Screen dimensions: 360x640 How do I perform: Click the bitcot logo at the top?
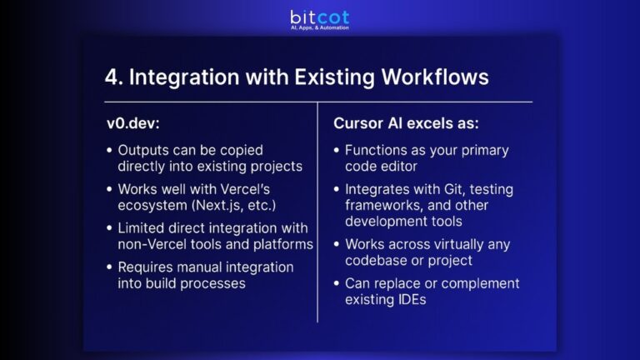(319, 16)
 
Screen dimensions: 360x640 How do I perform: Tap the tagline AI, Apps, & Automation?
(319, 27)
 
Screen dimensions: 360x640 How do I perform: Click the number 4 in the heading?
(112, 77)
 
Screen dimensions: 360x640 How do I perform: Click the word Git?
(442, 189)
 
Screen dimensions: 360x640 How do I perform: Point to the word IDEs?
(409, 299)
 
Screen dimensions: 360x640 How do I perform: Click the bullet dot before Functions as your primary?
(338, 151)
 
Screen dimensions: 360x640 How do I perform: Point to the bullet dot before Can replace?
(338, 284)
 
